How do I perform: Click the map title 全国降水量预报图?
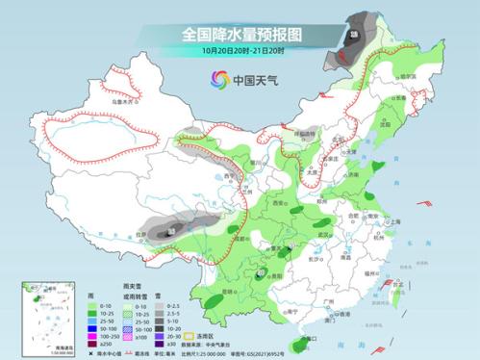pyautogui.click(x=240, y=35)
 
